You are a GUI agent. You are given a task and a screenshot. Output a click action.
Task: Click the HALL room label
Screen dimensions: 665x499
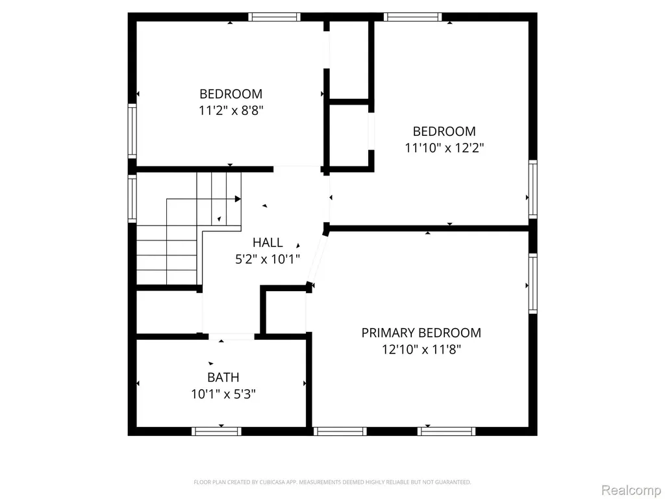point(268,242)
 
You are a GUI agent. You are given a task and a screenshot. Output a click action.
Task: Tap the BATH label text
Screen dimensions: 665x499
point(223,377)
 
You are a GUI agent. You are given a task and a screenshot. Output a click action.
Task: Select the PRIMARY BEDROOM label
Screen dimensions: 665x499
point(421,333)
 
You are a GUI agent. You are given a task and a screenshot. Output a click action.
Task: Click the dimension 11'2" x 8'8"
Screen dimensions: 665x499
point(231,110)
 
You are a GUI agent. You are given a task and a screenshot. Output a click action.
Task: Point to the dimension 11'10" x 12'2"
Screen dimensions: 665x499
point(444,148)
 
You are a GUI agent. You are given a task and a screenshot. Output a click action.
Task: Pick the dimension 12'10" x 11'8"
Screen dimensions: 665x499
point(421,350)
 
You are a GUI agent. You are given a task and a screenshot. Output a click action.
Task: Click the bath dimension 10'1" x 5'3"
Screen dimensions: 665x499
point(223,394)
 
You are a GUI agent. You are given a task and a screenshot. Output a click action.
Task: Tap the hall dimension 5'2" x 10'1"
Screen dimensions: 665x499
point(268,259)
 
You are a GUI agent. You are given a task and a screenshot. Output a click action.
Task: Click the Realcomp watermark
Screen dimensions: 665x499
point(632,490)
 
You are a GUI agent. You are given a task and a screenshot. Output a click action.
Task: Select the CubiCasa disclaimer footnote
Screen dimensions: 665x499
point(332,482)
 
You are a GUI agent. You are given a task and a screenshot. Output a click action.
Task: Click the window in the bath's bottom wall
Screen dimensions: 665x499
point(216,431)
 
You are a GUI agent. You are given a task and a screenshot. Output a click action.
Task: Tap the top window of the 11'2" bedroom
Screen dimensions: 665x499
point(275,17)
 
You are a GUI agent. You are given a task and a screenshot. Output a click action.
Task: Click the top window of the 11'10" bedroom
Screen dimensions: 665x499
point(412,17)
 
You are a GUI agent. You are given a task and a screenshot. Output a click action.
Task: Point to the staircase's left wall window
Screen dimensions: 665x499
point(132,199)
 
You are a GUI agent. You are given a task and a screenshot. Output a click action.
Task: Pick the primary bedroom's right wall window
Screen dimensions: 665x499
point(533,283)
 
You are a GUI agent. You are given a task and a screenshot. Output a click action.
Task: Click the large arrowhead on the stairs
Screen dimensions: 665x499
point(238,199)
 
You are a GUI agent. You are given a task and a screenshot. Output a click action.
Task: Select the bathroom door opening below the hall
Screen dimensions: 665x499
point(232,337)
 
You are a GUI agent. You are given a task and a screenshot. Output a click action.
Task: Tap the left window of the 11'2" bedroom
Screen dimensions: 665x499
point(132,131)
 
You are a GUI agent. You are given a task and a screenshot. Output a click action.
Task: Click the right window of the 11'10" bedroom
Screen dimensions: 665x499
point(533,189)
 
